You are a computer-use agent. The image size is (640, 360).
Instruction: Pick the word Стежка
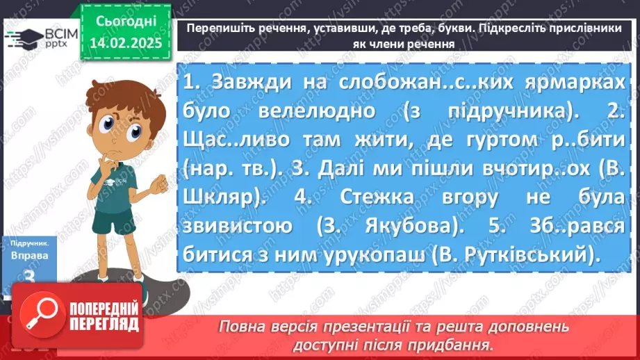tap(381, 197)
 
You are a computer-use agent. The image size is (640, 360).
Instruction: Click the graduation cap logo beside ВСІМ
tap(25, 38)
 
